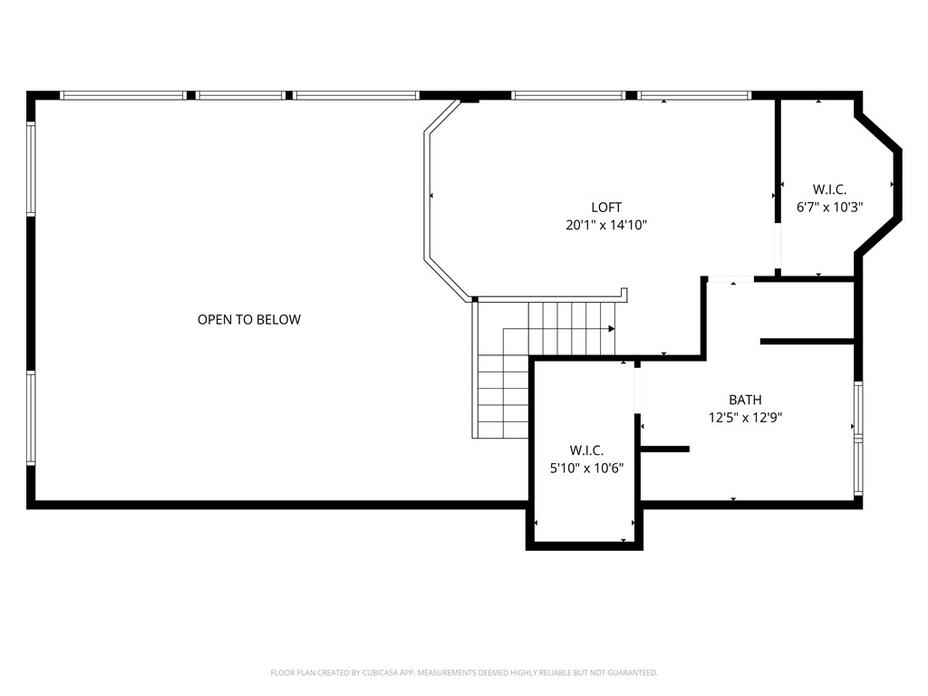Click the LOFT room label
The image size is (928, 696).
[x=606, y=208]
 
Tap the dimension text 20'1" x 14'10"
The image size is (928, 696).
[x=606, y=226]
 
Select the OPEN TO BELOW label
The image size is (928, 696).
[x=249, y=320]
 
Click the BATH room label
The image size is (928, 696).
[x=745, y=400]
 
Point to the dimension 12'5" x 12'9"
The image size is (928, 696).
[x=745, y=418]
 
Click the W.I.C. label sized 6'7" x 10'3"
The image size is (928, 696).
[x=829, y=189]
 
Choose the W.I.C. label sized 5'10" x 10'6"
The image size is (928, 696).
[x=586, y=450]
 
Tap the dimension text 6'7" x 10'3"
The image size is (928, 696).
[x=829, y=207]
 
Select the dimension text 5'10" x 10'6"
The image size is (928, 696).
[x=586, y=468]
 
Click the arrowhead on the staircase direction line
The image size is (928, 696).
[x=612, y=328]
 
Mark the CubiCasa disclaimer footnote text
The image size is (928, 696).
[x=464, y=672]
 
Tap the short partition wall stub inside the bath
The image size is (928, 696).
[x=665, y=449]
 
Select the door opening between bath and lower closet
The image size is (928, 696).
[x=638, y=391]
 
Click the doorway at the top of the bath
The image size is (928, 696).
[x=730, y=279]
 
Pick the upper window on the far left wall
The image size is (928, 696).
[x=31, y=169]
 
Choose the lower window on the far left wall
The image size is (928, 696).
[x=31, y=418]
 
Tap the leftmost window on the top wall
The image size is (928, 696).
[x=122, y=95]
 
